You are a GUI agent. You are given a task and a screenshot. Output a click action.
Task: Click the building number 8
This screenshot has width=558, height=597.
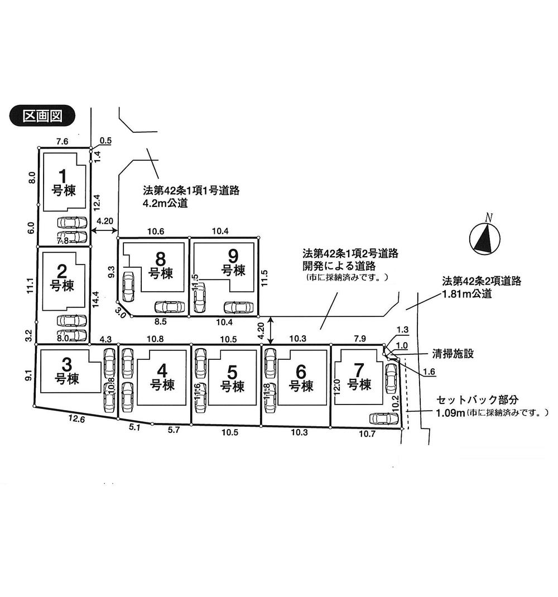click(x=160, y=259)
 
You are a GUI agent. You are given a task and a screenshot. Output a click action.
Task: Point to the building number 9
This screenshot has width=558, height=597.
click(x=233, y=256)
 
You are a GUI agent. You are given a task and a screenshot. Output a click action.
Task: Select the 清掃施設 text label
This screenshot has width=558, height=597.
click(x=452, y=354)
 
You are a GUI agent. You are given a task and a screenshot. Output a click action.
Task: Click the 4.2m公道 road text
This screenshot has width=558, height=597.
click(x=165, y=204)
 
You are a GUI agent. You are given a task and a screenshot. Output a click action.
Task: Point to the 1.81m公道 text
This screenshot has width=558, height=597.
click(x=466, y=293)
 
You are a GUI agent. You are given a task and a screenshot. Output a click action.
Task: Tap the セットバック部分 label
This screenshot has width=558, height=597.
click(x=478, y=400)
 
